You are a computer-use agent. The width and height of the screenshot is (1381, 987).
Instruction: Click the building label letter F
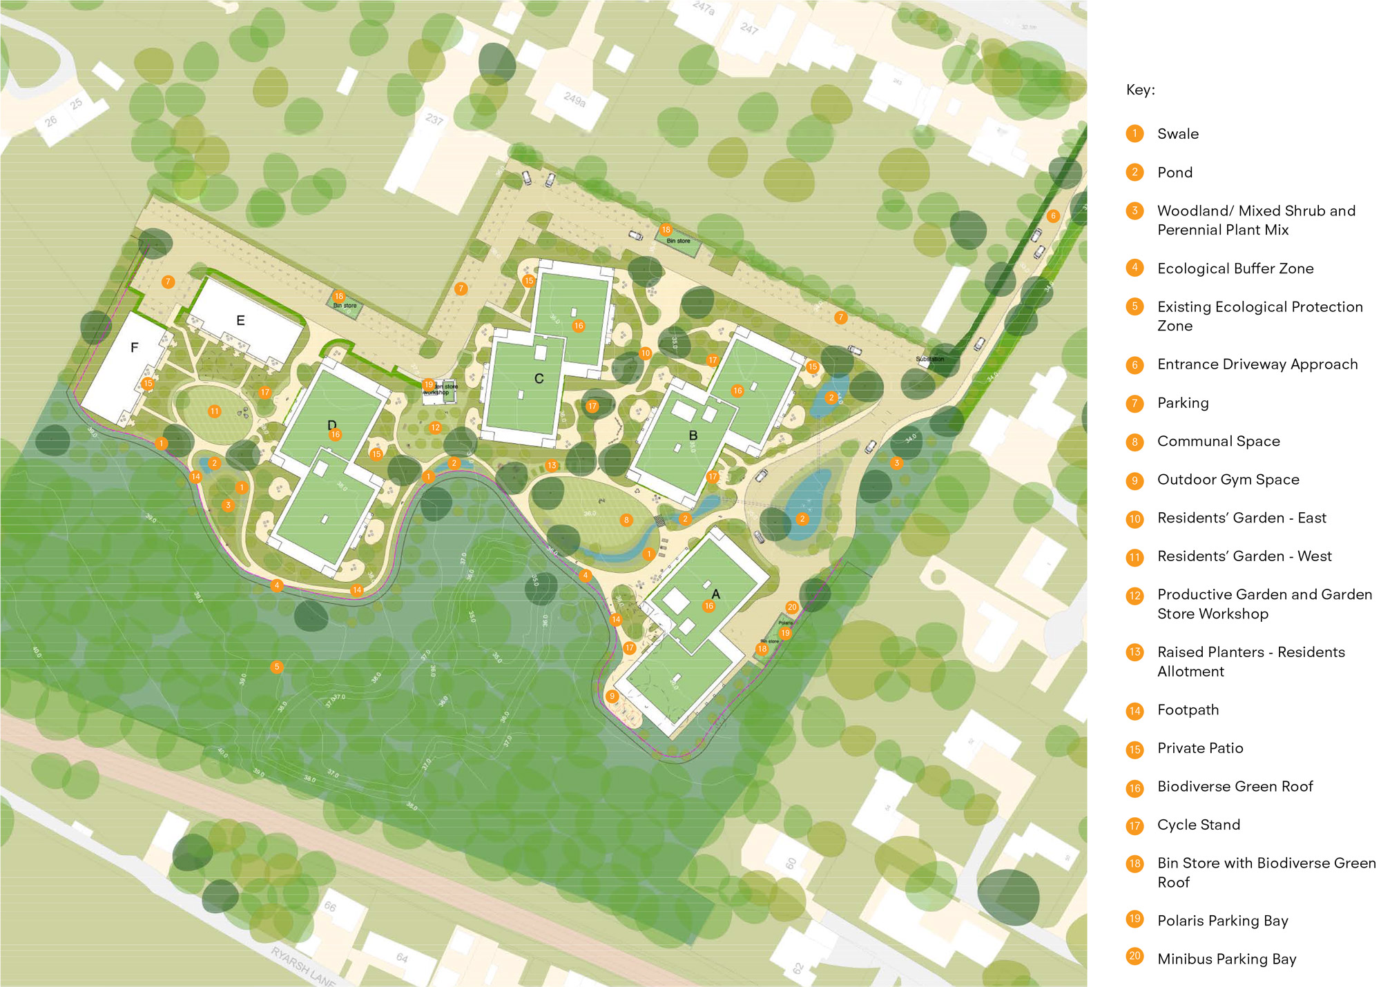pyautogui.click(x=135, y=348)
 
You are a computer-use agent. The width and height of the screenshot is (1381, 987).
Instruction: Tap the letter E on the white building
pyautogui.click(x=240, y=320)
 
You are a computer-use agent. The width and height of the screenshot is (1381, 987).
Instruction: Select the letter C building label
pyautogui.click(x=539, y=379)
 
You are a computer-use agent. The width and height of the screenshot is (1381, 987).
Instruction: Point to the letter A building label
pyautogui.click(x=715, y=594)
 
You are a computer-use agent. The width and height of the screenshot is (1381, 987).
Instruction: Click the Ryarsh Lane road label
pyautogui.click(x=302, y=967)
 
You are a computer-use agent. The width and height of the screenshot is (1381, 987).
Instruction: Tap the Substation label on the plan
pyautogui.click(x=929, y=360)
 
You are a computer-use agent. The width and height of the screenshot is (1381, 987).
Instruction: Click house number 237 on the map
pyautogui.click(x=434, y=119)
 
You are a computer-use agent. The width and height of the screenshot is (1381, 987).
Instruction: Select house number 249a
pyautogui.click(x=574, y=99)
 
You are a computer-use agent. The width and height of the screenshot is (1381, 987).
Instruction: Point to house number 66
pyautogui.click(x=330, y=906)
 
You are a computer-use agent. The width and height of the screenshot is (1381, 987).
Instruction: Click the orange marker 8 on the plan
pyautogui.click(x=626, y=520)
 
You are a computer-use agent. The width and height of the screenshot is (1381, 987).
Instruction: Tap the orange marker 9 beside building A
pyautogui.click(x=612, y=696)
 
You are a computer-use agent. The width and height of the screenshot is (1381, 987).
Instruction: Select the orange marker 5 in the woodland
pyautogui.click(x=277, y=667)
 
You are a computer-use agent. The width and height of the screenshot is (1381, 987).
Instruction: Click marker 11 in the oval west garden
pyautogui.click(x=215, y=411)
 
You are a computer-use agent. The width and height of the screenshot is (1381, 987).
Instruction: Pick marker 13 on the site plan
pyautogui.click(x=551, y=466)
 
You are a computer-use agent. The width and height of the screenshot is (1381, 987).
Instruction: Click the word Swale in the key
pyautogui.click(x=1177, y=134)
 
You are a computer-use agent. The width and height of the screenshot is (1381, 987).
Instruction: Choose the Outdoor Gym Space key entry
pyautogui.click(x=1228, y=480)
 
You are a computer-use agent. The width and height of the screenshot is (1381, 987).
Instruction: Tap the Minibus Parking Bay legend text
pyautogui.click(x=1226, y=959)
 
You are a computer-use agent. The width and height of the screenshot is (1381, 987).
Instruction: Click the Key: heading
pyautogui.click(x=1140, y=90)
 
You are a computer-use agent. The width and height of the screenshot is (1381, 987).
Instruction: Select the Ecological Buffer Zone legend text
pyautogui.click(x=1235, y=268)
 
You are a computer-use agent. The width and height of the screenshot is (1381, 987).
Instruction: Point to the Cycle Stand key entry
pyautogui.click(x=1198, y=825)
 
